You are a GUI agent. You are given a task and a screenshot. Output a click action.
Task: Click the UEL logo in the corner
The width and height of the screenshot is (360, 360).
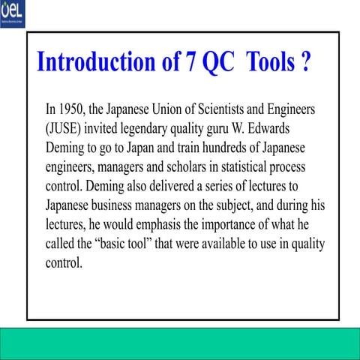[13, 12]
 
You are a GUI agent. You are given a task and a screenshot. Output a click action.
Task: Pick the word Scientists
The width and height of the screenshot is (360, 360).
[220, 109]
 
